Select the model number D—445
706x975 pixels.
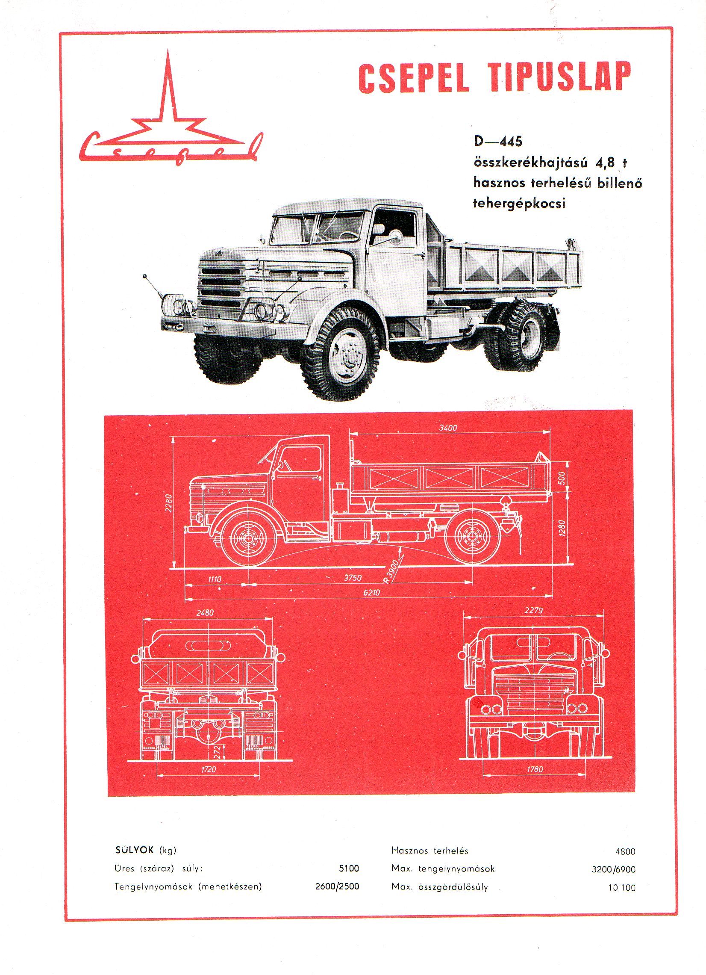(497, 142)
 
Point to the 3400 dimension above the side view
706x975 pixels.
(448, 428)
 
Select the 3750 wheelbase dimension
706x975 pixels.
(353, 578)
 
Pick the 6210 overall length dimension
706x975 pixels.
(371, 592)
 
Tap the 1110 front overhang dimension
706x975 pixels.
(215, 579)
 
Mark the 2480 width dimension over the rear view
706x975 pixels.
(205, 613)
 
